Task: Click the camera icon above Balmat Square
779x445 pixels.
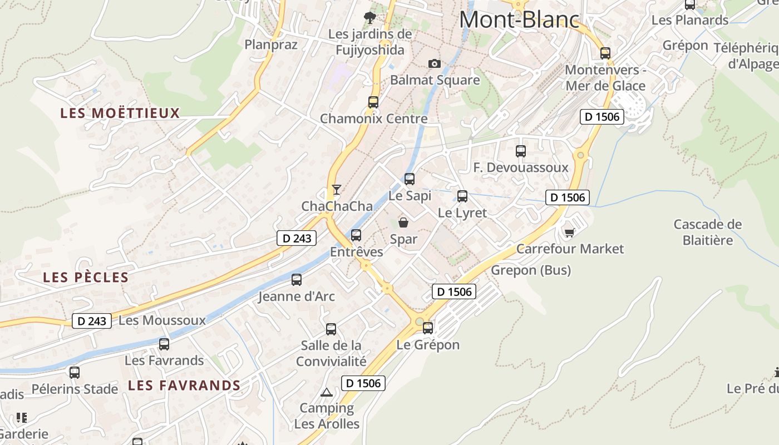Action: (435, 64)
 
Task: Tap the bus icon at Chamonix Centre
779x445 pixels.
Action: (373, 102)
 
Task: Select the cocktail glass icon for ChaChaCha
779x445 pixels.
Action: (336, 190)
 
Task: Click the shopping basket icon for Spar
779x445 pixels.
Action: (403, 222)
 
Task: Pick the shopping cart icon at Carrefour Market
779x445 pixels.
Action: (569, 232)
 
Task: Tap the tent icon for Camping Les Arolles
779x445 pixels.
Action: (327, 392)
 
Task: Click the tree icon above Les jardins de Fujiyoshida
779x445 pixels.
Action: (369, 18)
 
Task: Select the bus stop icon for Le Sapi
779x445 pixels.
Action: (410, 179)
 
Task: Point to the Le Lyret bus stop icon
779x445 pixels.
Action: (462, 196)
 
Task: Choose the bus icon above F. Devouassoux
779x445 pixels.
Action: (520, 151)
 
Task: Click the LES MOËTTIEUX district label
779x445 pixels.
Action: (120, 113)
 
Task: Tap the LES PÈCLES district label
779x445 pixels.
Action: (86, 277)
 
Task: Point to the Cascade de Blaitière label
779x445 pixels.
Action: (707, 232)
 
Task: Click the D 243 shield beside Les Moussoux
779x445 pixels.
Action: (91, 321)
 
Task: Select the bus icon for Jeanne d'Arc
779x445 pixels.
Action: (297, 279)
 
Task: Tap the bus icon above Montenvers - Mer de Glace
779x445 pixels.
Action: (605, 53)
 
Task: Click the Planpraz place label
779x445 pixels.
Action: (271, 44)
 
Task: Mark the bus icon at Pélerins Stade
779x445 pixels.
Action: (75, 372)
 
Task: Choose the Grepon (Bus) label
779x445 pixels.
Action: (530, 270)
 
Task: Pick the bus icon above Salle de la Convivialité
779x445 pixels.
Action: (331, 329)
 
